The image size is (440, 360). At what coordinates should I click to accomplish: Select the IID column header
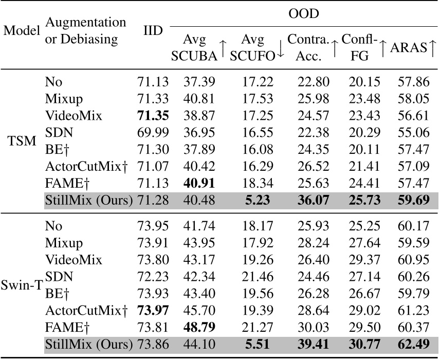pyautogui.click(x=153, y=30)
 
